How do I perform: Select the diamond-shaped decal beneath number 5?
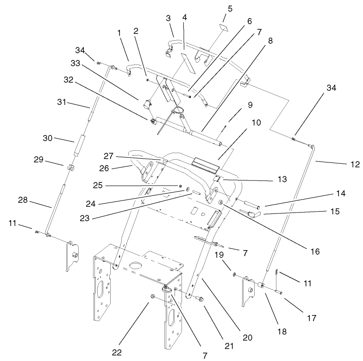click(x=222, y=27)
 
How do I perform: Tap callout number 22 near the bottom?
click(x=117, y=352)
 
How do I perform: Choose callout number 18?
click(x=282, y=331)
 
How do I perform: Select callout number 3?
click(x=168, y=18)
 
